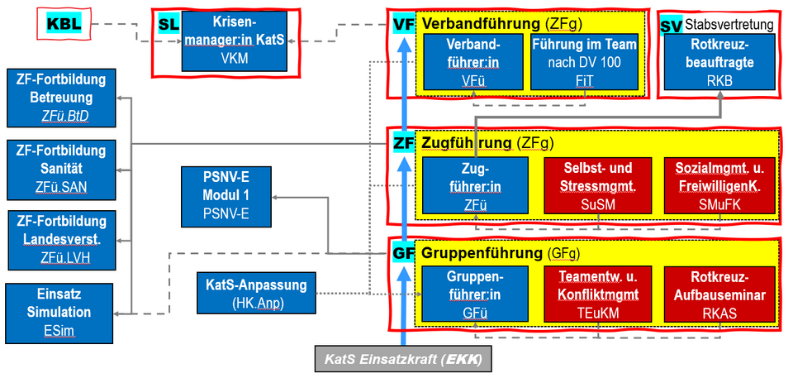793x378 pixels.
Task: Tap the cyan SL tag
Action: coord(169,26)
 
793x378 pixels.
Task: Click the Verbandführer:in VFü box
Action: coord(474,61)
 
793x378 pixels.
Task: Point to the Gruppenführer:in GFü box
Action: coord(474,294)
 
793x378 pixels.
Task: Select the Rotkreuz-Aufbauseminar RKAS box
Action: coord(717,294)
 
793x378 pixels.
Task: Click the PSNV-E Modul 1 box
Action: coord(226,197)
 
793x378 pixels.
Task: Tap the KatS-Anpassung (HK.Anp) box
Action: coord(256,293)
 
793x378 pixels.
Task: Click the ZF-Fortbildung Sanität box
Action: coord(60,169)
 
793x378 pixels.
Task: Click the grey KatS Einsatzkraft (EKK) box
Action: coord(402,360)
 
